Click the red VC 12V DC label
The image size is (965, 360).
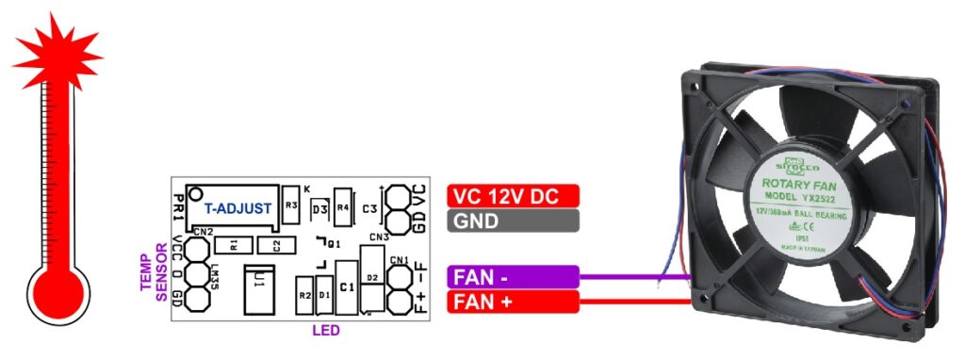pos(513,196)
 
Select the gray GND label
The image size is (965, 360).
pos(513,221)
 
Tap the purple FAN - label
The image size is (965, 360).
pos(513,277)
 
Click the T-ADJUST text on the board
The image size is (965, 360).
pos(237,208)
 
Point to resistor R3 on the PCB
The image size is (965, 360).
pos(291,205)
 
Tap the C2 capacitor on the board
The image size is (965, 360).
pos(275,246)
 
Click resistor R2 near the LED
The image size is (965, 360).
pos(304,296)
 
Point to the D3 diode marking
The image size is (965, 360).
pos(319,206)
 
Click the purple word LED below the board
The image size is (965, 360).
pos(326,332)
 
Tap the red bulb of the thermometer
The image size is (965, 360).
pos(59,290)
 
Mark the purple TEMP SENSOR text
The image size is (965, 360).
pos(153,276)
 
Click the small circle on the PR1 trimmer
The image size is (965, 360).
pos(194,194)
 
